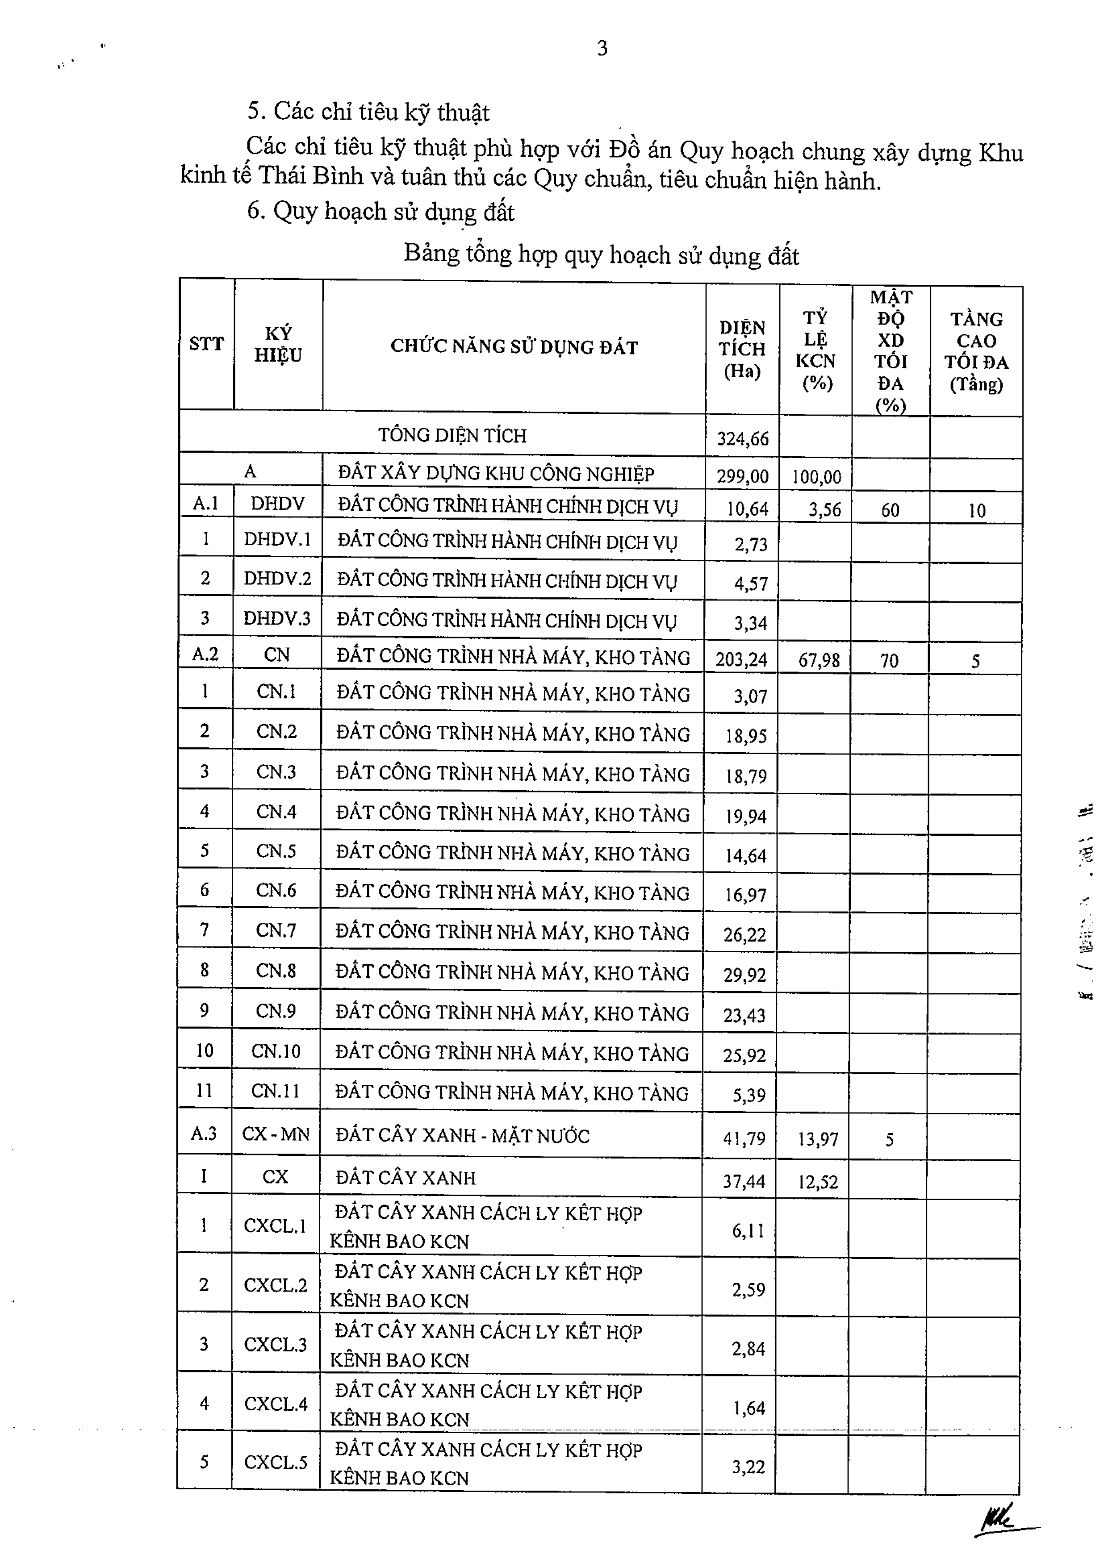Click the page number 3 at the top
pos(602,49)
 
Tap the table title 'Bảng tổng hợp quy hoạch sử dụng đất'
pos(601,254)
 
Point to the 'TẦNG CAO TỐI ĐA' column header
pos(976,351)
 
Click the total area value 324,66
pos(743,438)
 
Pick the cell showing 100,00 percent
pos(816,476)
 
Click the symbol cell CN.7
pos(276,930)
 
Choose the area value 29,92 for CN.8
pos(745,974)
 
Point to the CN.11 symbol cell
pos(276,1091)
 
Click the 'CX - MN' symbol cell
pos(276,1134)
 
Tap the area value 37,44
pos(744,1181)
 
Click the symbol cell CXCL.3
pos(276,1345)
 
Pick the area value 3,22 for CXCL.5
pos(748,1467)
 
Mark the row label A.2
pos(205,654)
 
